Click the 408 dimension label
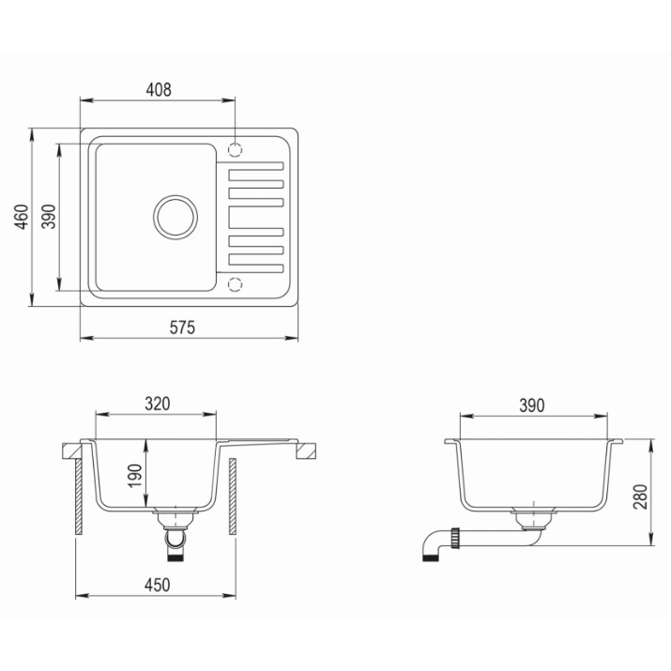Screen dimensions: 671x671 159,90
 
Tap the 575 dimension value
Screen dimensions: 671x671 182,328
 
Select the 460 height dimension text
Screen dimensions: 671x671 22,217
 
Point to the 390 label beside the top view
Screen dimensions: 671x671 49,217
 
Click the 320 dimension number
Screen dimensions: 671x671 158,404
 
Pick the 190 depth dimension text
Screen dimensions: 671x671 135,476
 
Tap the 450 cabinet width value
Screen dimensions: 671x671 157,585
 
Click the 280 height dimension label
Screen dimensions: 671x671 641,496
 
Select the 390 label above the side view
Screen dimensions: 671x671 532,405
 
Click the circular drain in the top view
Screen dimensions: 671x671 175,197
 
